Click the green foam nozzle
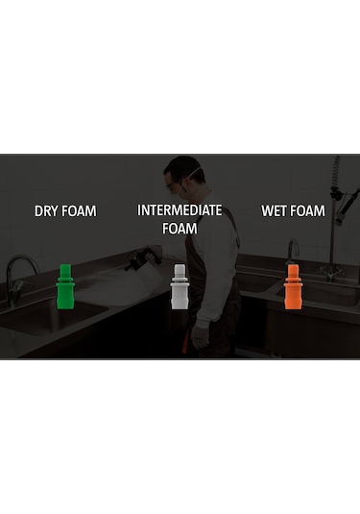coord(65,287)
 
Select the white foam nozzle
coord(179,287)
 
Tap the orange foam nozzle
coord(293,287)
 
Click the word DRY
coord(48,211)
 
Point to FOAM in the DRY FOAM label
coord(80,211)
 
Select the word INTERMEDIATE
coord(180,209)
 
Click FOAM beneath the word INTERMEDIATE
coord(180,229)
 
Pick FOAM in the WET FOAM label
coord(308,210)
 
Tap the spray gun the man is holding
coord(144,257)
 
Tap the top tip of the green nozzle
coord(65,267)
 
